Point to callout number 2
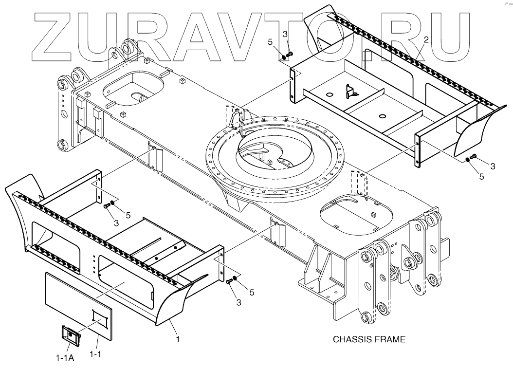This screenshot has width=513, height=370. click(x=426, y=40)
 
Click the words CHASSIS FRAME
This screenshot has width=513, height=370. click(x=368, y=339)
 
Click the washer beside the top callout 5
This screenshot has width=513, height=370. click(x=283, y=57)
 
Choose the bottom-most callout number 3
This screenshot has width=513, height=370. click(x=238, y=302)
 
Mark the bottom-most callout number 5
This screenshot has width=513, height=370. click(x=252, y=292)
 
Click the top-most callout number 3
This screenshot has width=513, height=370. click(x=286, y=34)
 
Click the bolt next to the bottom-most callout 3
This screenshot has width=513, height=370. click(x=228, y=281)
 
